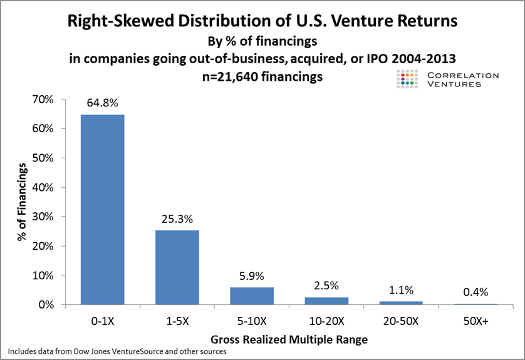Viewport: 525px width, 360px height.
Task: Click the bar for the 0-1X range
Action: pos(102,210)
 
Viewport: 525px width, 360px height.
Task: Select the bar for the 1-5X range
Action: pos(177,267)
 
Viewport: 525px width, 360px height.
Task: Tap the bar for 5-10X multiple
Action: pos(252,296)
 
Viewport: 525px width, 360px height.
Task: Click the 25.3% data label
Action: pos(177,219)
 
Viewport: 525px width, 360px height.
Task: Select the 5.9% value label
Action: pos(252,276)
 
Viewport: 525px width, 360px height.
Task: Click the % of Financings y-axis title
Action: pos(23,202)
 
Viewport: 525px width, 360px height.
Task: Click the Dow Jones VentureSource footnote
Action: pos(118,352)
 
